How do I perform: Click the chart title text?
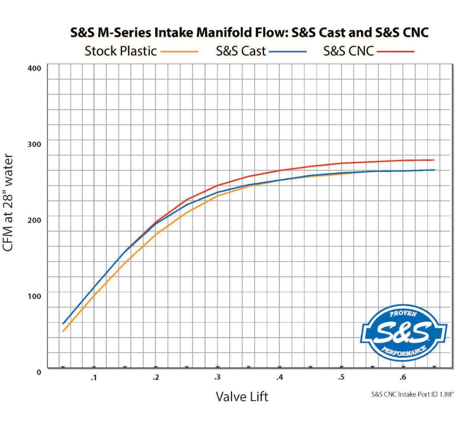pos(249,32)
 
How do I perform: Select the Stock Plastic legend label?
pos(121,51)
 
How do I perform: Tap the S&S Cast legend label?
pos(241,51)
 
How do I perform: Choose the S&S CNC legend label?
pos(348,51)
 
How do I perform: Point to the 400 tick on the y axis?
pos(35,68)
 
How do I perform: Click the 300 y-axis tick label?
pos(35,144)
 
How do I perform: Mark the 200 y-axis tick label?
pos(35,220)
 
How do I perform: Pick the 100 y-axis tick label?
pos(35,296)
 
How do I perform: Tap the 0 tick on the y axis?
pos(39,372)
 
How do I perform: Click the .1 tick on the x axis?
pos(94,377)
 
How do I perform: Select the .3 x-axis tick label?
pos(217,377)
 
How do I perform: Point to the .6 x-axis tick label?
pos(402,377)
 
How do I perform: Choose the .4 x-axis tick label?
pos(279,377)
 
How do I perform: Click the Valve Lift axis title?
pos(242,397)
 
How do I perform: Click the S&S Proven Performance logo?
pos(403,333)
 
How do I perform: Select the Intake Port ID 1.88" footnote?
pos(413,394)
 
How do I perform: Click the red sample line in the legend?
pos(395,51)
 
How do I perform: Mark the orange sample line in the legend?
pos(179,51)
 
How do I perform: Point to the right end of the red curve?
pos(434,160)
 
